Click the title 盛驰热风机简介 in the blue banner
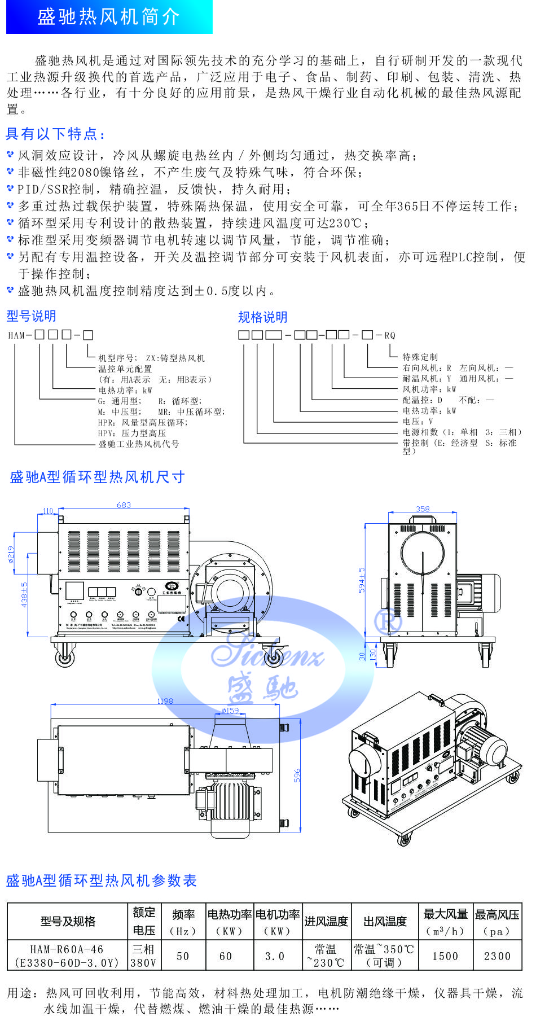(x=108, y=17)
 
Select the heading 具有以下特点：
(x=55, y=134)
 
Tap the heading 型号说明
(x=31, y=316)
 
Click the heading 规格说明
(x=262, y=317)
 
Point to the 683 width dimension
(x=124, y=505)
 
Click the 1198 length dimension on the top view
(x=165, y=701)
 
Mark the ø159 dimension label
(x=230, y=711)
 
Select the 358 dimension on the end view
(x=423, y=509)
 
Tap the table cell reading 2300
(x=497, y=956)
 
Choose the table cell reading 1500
(x=445, y=956)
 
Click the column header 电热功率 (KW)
(x=229, y=922)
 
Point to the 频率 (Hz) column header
(x=183, y=922)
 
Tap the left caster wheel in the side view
(x=65, y=656)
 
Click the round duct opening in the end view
(x=423, y=554)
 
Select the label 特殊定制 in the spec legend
(x=420, y=357)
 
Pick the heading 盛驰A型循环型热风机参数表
(x=102, y=880)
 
